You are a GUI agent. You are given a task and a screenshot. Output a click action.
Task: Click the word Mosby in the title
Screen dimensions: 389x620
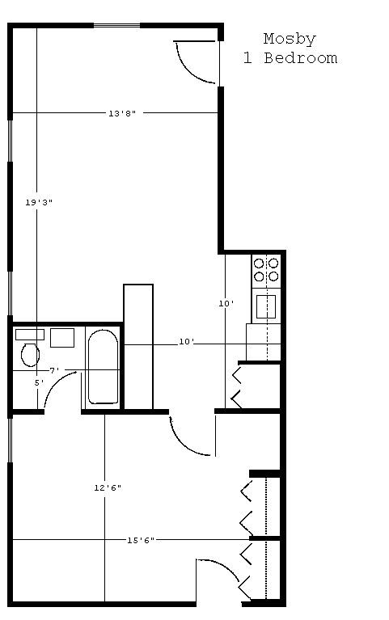point(290,40)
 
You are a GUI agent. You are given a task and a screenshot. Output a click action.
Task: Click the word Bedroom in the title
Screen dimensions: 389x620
point(301,58)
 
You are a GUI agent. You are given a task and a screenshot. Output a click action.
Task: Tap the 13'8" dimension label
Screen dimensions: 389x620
point(122,113)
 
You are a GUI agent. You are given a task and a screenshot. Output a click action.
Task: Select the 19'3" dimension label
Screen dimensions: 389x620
point(39,202)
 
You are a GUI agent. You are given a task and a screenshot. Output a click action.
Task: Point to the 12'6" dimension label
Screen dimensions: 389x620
point(108,488)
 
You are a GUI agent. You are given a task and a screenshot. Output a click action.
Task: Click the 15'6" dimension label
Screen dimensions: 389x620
point(141,540)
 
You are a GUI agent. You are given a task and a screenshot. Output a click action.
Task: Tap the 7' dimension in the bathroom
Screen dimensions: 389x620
point(55,370)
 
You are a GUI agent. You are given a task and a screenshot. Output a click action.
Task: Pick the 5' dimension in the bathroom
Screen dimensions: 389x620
point(39,383)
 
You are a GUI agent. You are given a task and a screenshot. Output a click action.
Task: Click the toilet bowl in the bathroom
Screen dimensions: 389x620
point(30,355)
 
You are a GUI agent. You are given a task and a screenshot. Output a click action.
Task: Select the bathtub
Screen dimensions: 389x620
point(103,366)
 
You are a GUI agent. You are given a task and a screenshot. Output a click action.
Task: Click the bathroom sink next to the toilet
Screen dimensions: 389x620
point(62,338)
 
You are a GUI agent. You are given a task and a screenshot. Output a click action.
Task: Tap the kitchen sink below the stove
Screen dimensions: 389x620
point(266,306)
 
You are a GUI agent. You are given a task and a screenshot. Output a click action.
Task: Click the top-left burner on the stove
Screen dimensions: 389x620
point(259,264)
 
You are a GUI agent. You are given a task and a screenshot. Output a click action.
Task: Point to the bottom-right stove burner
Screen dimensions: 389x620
point(273,276)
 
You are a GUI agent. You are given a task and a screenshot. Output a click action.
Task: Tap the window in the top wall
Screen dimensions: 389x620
point(116,26)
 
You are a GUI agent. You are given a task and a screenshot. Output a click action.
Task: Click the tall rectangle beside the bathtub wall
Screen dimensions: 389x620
point(138,347)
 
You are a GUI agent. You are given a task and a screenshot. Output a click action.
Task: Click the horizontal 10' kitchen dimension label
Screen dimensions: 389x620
point(186,342)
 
